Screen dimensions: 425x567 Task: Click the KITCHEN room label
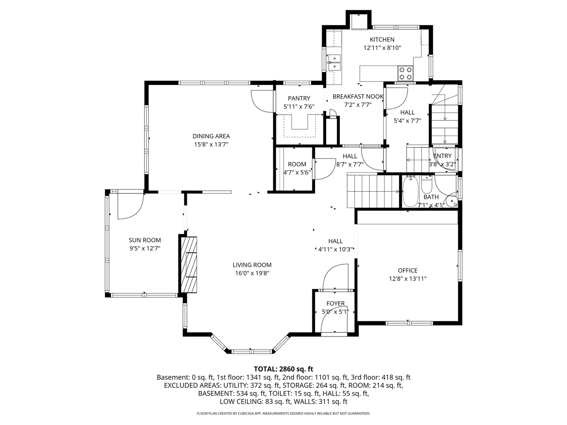click(x=382, y=39)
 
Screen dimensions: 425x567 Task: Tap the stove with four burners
click(x=405, y=72)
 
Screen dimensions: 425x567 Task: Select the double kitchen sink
click(x=334, y=62)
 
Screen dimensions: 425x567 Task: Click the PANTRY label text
click(x=299, y=98)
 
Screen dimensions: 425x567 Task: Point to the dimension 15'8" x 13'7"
click(x=211, y=144)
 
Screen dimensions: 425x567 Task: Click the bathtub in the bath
click(x=410, y=191)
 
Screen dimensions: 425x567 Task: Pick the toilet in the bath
click(x=427, y=182)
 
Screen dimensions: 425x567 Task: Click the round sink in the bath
click(x=451, y=201)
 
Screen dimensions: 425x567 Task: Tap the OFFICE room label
click(x=408, y=270)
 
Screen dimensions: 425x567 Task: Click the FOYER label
click(x=335, y=303)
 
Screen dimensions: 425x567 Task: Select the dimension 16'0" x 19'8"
click(x=252, y=273)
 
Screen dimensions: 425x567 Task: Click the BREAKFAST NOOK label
click(x=358, y=97)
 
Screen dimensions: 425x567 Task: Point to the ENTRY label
click(x=442, y=156)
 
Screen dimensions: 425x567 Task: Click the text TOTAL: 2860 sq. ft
click(x=283, y=369)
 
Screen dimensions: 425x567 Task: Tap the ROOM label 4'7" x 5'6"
click(x=297, y=164)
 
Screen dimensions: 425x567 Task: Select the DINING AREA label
click(x=211, y=136)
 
